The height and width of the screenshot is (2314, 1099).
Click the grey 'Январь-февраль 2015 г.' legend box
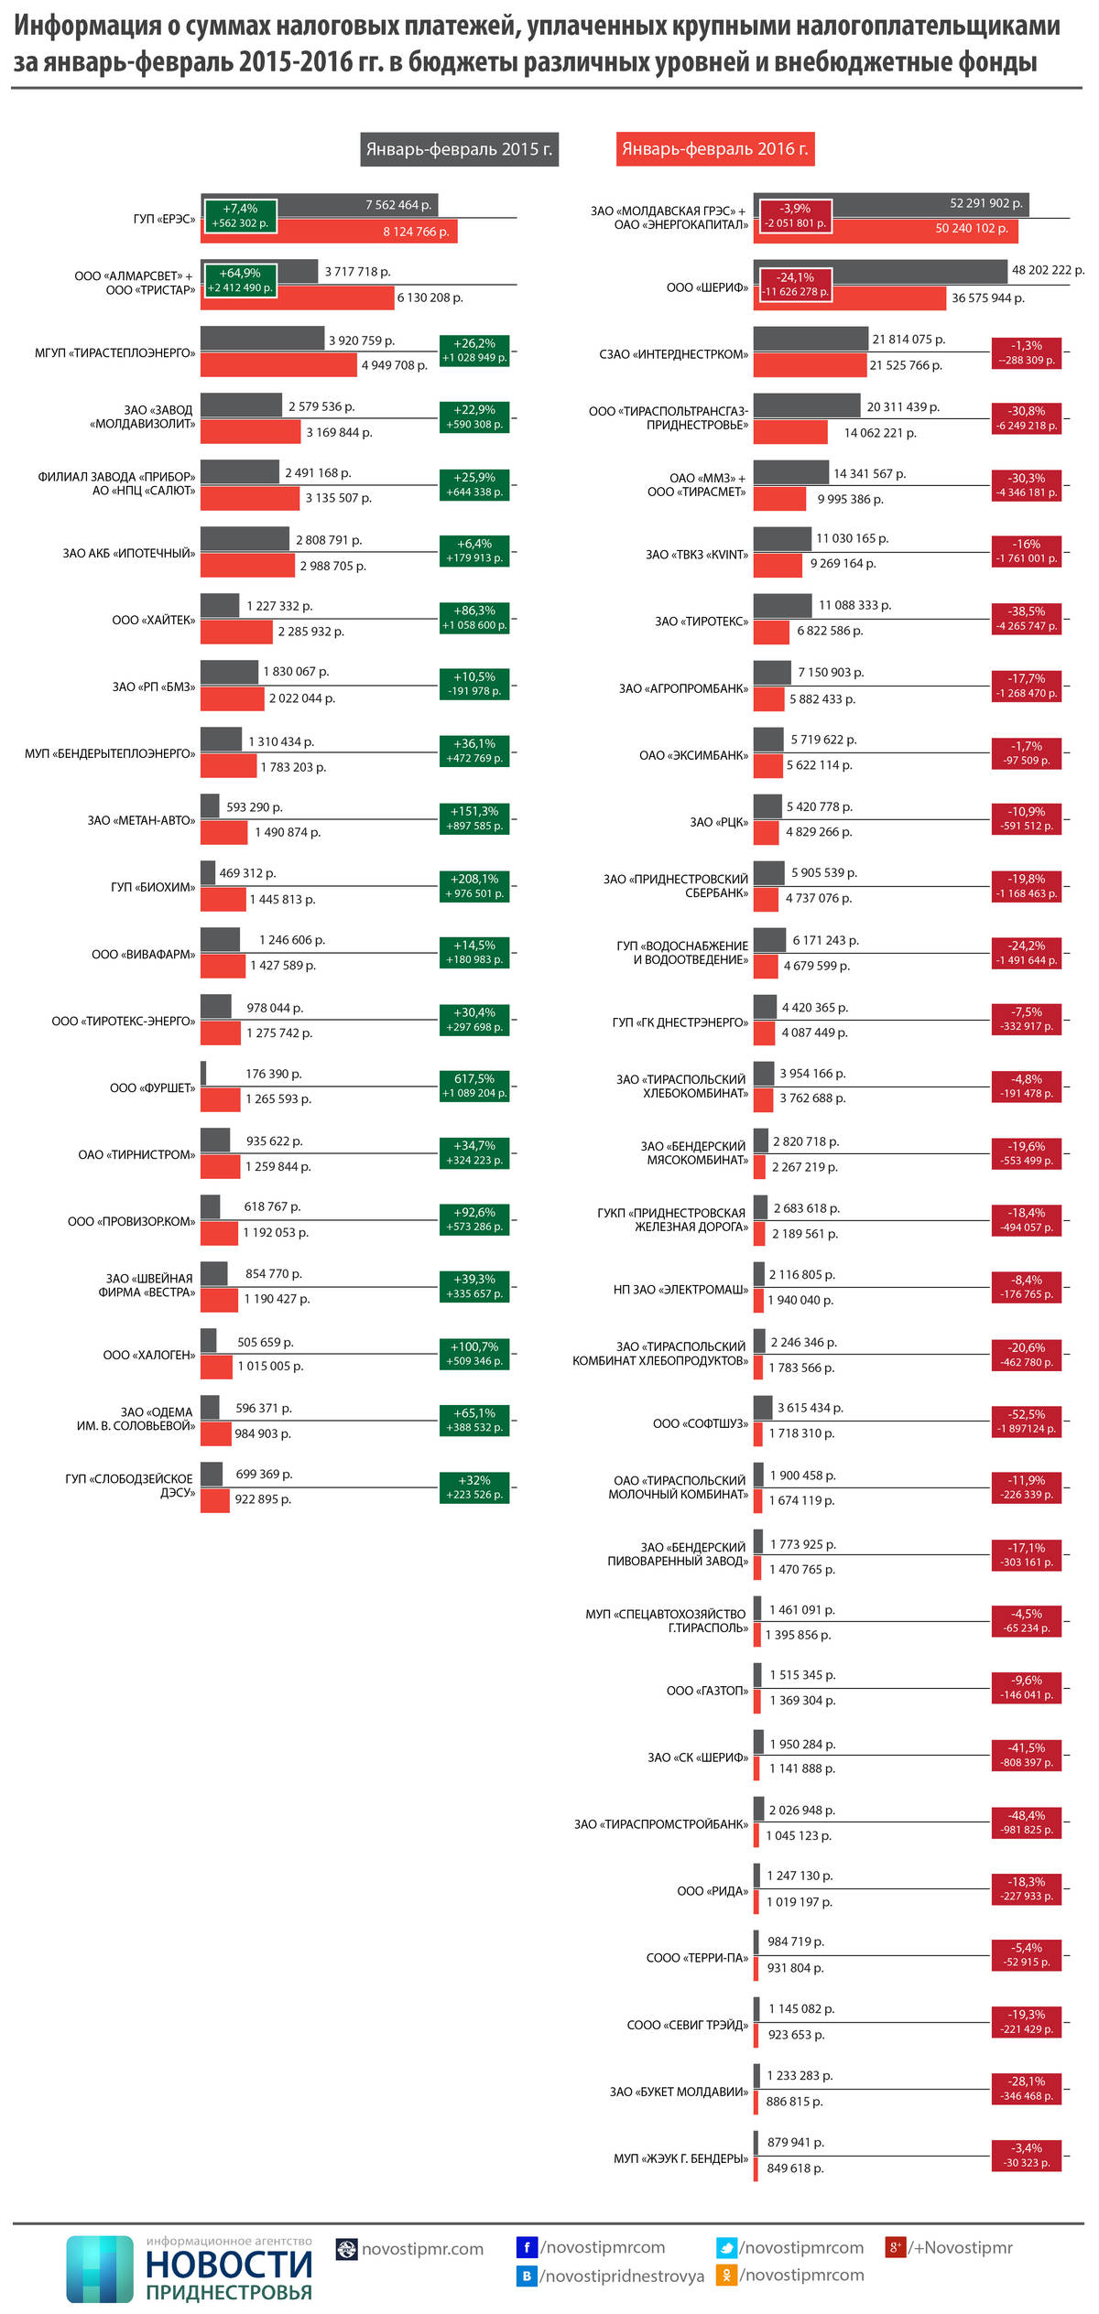[459, 149]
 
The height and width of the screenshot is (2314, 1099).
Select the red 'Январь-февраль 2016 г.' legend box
[714, 149]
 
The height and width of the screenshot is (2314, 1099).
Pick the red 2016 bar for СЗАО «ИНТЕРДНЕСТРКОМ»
[810, 365]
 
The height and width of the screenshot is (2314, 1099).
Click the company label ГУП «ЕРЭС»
[164, 220]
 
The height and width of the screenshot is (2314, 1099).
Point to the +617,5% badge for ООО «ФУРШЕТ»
[473, 1086]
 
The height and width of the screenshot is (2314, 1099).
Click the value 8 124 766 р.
[416, 232]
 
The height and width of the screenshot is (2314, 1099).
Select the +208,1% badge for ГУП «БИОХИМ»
[473, 886]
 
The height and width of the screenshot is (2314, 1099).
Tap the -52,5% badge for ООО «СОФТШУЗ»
[1026, 1422]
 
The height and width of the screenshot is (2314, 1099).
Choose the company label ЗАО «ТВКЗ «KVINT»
[696, 555]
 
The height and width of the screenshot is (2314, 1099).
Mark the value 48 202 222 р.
[1047, 270]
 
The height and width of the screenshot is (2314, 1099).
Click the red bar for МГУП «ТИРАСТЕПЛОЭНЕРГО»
[277, 365]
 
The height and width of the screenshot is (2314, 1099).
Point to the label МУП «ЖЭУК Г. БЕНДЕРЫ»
[680, 2158]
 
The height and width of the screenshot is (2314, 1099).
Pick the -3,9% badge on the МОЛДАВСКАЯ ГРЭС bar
[795, 216]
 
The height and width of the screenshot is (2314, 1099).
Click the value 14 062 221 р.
[879, 433]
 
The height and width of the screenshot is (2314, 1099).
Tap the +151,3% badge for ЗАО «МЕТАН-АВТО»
[473, 818]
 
